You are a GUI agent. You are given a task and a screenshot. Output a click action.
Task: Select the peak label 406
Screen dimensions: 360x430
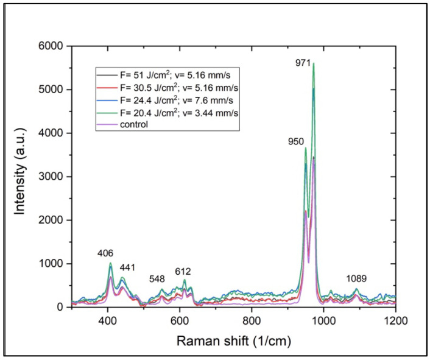[105, 253]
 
